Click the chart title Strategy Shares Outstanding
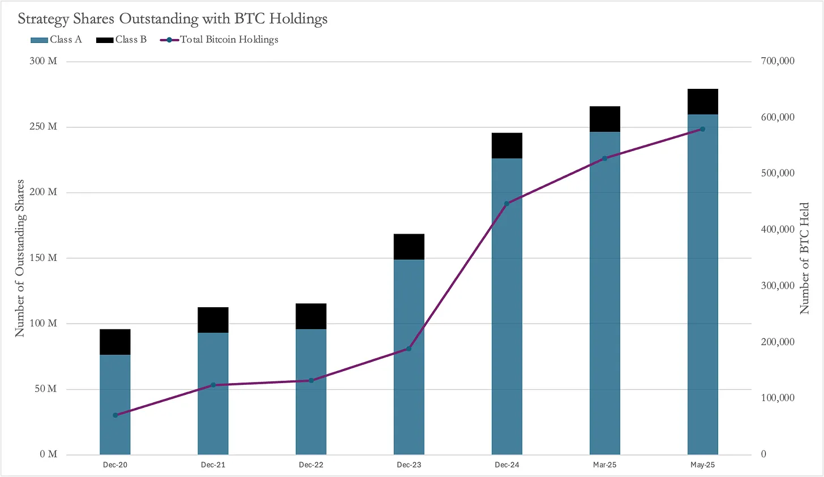pos(172,19)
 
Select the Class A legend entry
pos(56,40)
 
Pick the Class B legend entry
pos(122,40)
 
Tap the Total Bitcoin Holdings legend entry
pos(220,40)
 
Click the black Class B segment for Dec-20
pos(115,342)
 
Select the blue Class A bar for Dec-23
pos(409,356)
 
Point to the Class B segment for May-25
pos(702,102)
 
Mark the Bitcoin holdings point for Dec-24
pos(507,204)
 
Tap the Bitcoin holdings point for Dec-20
pos(115,415)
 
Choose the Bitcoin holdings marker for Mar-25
pos(604,158)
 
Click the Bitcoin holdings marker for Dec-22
pos(311,380)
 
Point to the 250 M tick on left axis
pos(43,127)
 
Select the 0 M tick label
pos(49,454)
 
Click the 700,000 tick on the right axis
pos(778,61)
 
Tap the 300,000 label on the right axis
pos(778,286)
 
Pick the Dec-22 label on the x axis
pos(311,465)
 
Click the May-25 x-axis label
pos(702,465)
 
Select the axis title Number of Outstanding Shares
pos(20,258)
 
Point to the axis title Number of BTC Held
pos(804,258)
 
